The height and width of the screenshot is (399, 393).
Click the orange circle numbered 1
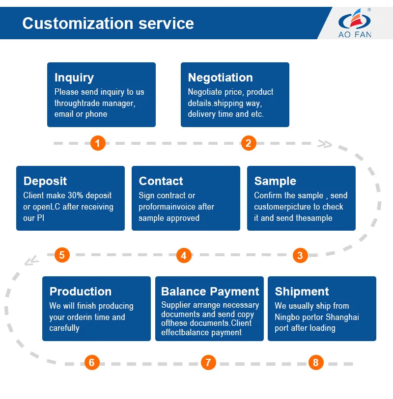point(98,143)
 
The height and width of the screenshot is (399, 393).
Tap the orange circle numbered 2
point(248,143)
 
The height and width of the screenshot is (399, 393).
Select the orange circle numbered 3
point(300,255)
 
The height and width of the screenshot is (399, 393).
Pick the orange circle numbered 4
point(183,255)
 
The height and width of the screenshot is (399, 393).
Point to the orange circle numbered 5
point(62,255)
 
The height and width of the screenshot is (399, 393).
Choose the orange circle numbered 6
point(91,363)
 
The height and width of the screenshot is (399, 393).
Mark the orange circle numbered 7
point(208,363)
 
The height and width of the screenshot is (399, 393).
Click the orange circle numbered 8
point(315,363)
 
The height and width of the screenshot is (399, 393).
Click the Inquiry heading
point(74,78)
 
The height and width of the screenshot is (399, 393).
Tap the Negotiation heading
point(220,78)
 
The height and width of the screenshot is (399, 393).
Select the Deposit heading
point(45,181)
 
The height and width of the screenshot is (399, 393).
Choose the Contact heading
point(161,181)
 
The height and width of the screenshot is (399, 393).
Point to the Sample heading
point(275,181)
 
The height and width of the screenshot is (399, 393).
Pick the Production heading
point(81,292)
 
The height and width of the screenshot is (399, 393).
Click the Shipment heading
point(302,292)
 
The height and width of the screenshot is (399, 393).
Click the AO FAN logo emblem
point(354,20)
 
